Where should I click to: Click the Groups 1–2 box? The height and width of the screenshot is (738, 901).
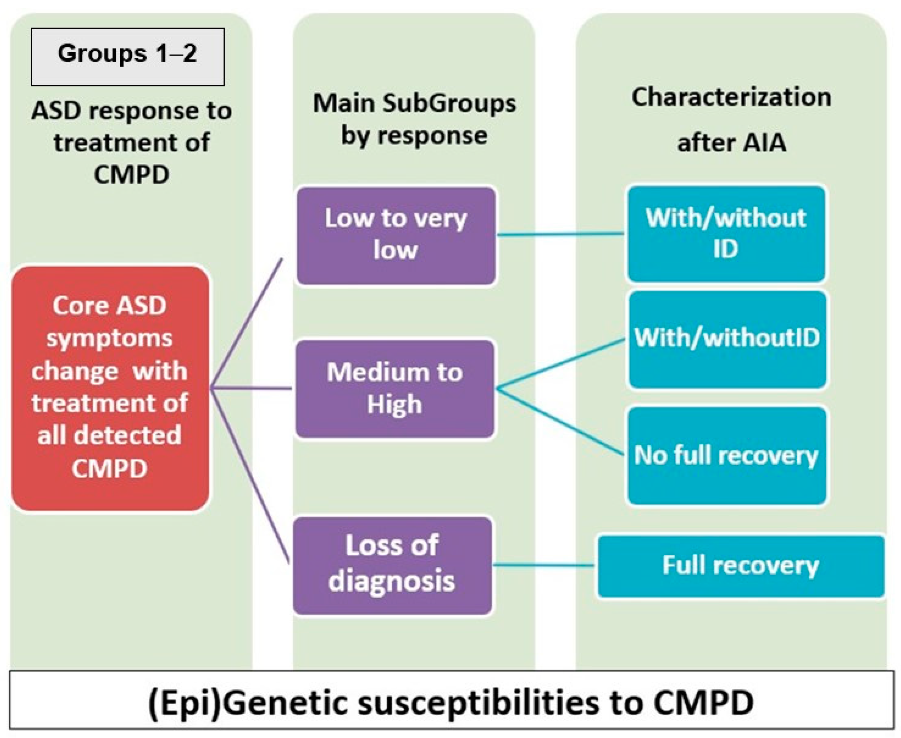(127, 57)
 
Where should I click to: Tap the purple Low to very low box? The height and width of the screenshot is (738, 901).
(396, 235)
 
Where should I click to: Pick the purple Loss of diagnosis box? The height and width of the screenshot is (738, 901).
(392, 565)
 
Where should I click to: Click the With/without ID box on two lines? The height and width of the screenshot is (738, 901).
(726, 233)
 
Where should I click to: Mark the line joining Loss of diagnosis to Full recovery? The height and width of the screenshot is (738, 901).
(544, 565)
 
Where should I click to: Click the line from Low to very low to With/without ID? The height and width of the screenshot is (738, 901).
(561, 234)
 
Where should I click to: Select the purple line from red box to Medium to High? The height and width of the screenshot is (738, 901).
(251, 388)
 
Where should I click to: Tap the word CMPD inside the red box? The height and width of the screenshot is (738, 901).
(110, 468)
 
